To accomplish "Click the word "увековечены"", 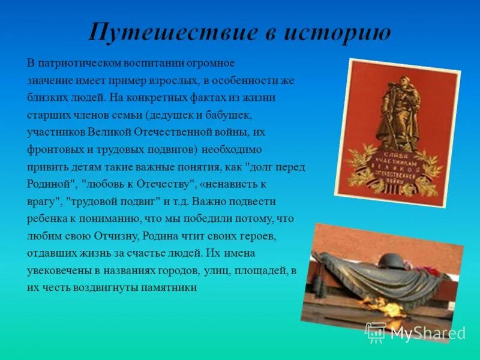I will click(59, 271).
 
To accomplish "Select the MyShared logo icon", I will click(376, 332).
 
